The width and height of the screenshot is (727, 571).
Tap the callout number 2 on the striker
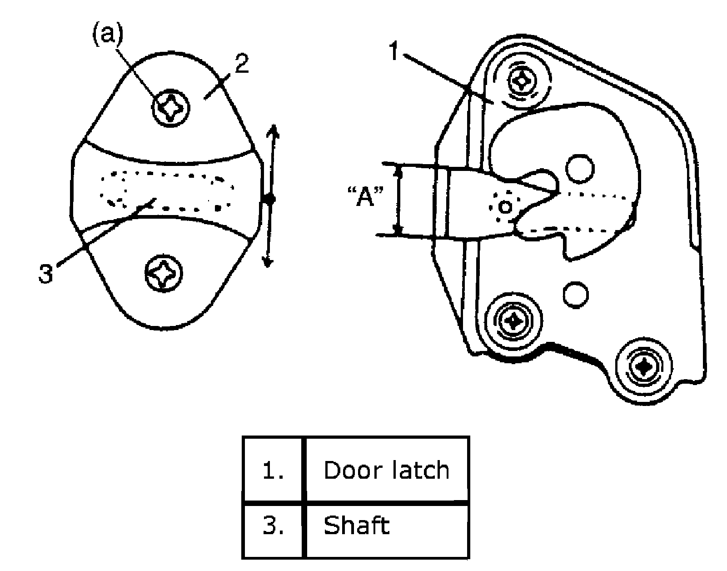[x=241, y=64]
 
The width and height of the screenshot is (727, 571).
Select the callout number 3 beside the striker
[x=46, y=274]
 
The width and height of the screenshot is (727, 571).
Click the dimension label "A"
[x=364, y=198]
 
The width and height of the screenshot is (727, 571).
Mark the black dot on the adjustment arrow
[x=270, y=199]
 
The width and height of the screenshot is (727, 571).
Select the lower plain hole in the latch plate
[x=576, y=294]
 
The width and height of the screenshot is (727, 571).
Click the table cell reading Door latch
[x=387, y=470]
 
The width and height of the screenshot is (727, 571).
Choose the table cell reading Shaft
[x=387, y=527]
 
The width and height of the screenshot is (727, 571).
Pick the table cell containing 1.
[x=273, y=470]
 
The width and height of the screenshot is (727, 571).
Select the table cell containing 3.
[x=273, y=527]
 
